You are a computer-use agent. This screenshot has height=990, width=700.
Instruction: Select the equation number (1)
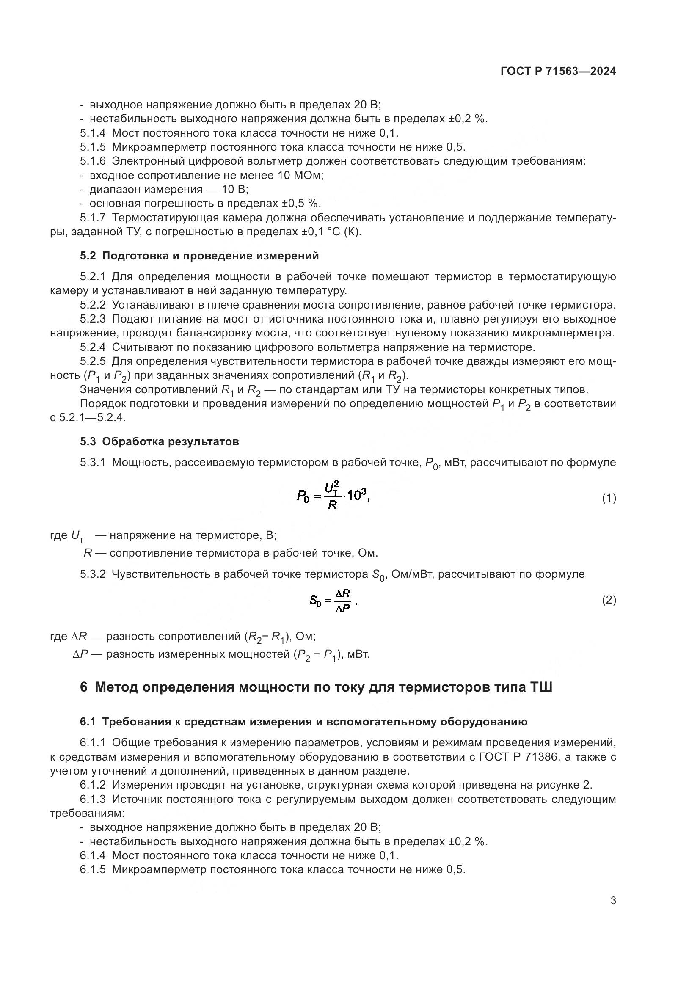609,499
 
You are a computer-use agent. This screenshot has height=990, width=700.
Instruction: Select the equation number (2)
609,600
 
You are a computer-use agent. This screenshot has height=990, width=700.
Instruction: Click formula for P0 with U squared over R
333,497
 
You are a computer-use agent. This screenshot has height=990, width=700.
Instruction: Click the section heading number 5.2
88,256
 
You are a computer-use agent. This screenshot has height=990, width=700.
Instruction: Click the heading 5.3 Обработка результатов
160,441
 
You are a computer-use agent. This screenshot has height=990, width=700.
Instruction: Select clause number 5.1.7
93,218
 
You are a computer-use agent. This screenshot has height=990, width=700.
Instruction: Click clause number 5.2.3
93,319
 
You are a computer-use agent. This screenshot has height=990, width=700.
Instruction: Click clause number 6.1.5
93,870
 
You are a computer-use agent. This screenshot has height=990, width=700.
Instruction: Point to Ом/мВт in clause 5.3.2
411,574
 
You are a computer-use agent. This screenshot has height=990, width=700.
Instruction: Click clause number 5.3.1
93,463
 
